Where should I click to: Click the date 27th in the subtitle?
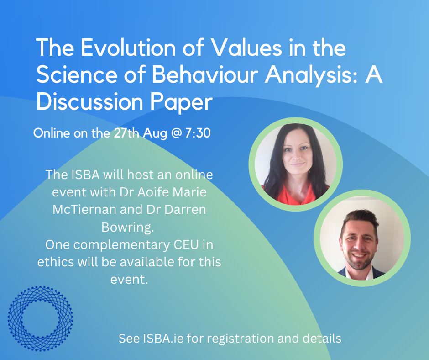(121, 135)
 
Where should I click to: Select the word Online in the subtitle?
(50, 135)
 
